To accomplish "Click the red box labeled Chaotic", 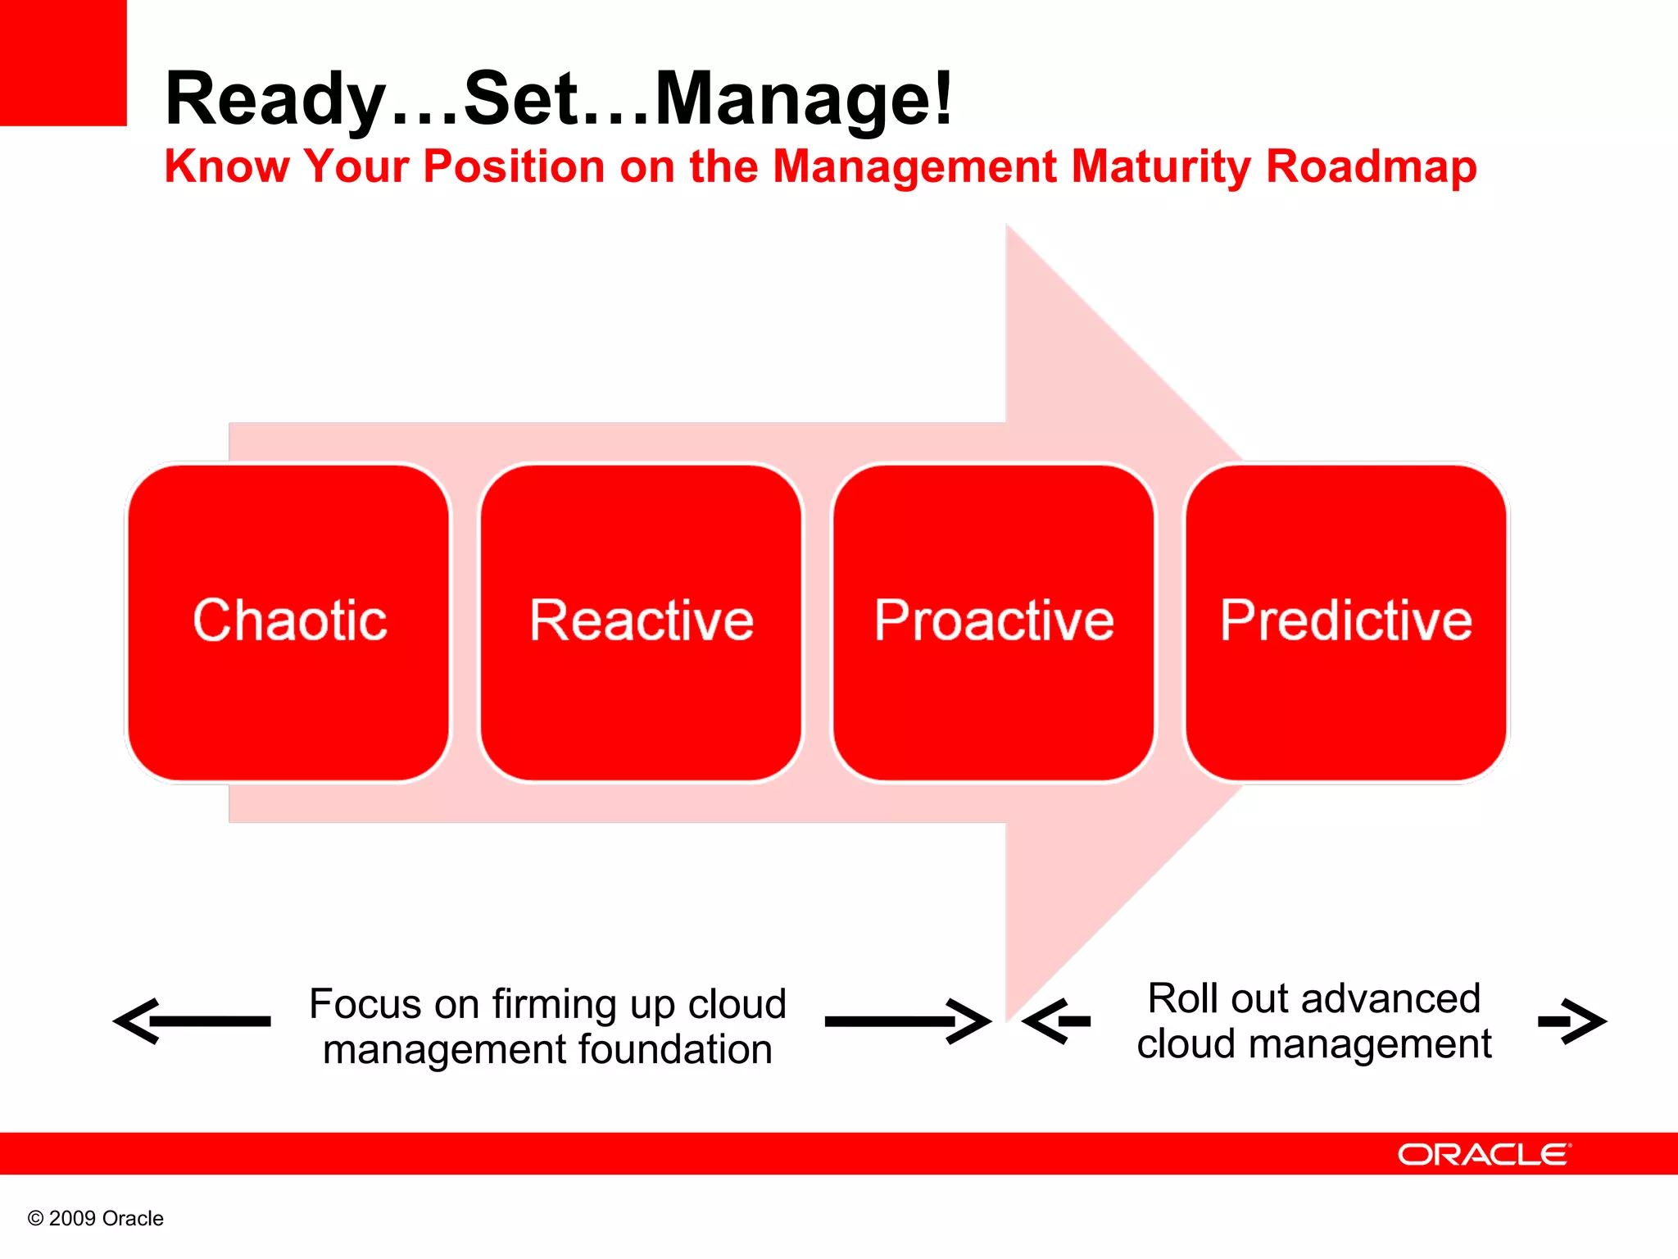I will [288, 621].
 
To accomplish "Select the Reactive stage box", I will [641, 621].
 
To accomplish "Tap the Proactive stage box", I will [993, 621].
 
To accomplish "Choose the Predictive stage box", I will [1345, 621].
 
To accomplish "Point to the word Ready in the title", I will [275, 100].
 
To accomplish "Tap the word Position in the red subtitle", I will [514, 166].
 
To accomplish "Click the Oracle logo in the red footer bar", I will [1484, 1154].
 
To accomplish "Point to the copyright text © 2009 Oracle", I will [96, 1218].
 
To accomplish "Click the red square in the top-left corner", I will [63, 62].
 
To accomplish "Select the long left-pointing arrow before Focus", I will [192, 1021].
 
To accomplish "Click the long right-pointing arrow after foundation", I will [908, 1021].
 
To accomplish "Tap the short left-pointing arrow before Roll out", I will [1057, 1021].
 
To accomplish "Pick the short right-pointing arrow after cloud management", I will [1571, 1021].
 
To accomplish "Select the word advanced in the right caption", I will [1390, 998].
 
